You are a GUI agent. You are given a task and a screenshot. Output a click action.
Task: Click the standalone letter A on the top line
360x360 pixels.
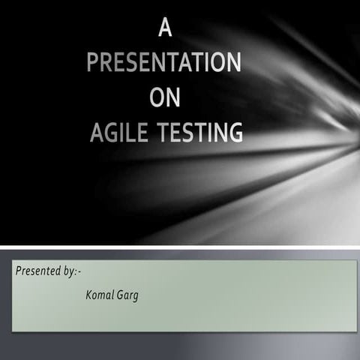tap(165, 30)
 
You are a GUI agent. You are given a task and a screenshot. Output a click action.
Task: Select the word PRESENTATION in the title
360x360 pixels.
tap(164, 64)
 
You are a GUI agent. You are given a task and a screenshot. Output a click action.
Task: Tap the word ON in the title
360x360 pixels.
tap(165, 99)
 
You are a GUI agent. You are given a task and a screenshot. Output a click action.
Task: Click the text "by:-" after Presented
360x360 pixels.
tap(68, 271)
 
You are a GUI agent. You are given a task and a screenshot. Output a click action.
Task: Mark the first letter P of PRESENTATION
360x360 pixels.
tap(93, 64)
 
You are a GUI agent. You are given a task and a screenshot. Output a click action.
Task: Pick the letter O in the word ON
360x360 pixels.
tap(156, 99)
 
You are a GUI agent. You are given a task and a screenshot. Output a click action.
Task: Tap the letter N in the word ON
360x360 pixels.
tap(174, 99)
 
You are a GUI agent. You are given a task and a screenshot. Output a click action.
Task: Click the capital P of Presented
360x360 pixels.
tap(18, 270)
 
